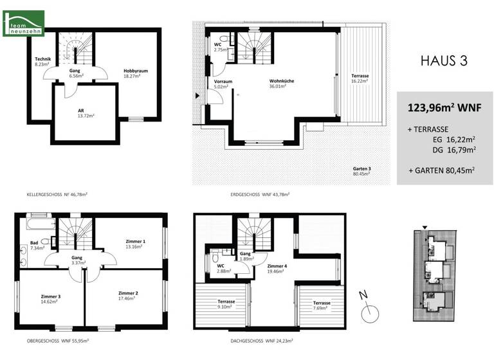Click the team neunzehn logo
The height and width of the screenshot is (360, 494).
tap(23, 22)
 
